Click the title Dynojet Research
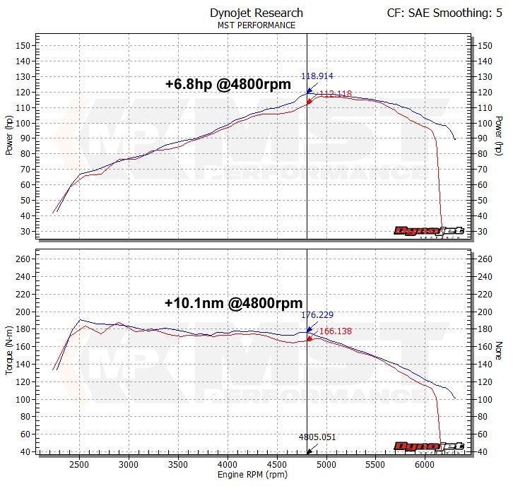[x=256, y=13]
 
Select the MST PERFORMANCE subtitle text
[x=256, y=25]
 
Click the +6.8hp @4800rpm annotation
[x=228, y=84]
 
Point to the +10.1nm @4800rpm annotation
[x=233, y=303]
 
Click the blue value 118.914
[x=317, y=76]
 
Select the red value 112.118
[x=335, y=93]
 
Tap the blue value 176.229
[x=317, y=315]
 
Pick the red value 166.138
[x=335, y=331]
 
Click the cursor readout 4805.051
[x=317, y=437]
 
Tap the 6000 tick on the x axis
[x=425, y=465]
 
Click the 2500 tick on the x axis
[x=79, y=465]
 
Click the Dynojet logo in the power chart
[x=428, y=230]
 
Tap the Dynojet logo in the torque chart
[x=428, y=446]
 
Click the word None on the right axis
[x=499, y=351]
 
